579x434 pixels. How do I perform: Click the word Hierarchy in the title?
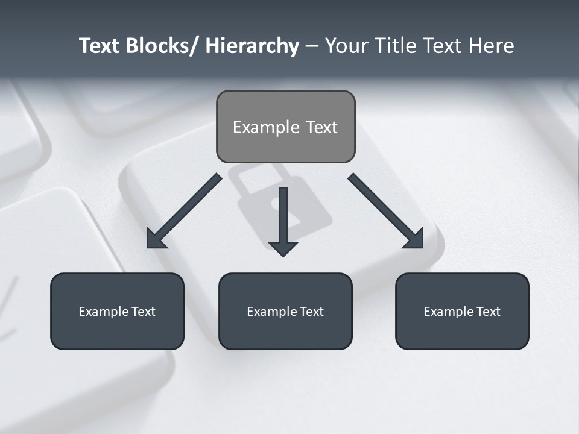tap(252, 46)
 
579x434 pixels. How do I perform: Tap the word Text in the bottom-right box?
tap(487, 312)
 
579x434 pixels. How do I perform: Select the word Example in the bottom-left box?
tap(103, 312)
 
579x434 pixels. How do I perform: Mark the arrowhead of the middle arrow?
tap(283, 248)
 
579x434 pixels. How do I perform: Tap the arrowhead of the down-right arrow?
tap(415, 239)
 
